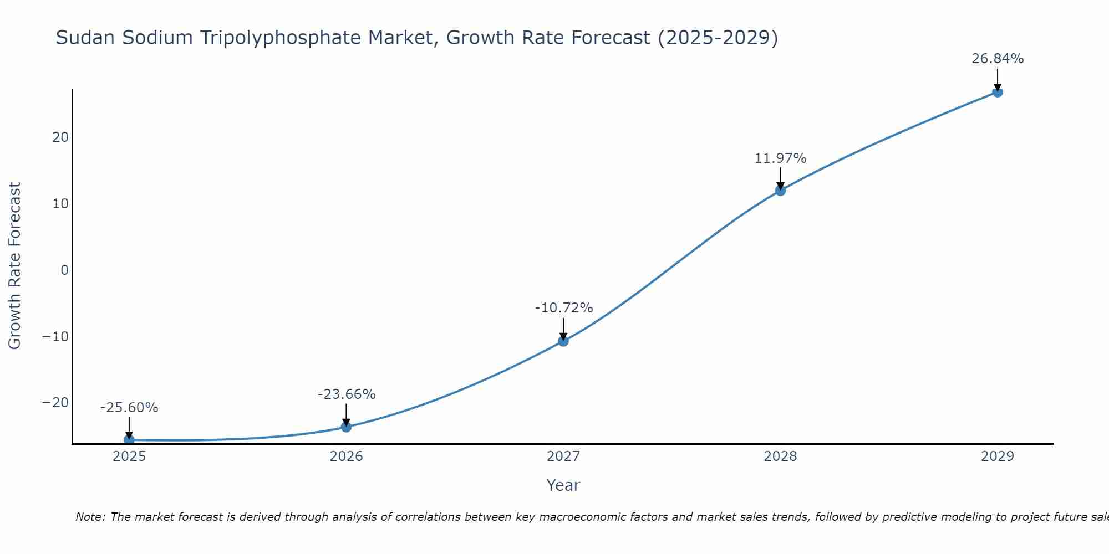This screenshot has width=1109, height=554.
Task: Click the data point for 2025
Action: click(x=129, y=440)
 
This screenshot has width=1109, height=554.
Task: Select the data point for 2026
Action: click(x=346, y=427)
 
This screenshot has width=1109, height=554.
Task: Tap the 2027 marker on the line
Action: click(x=563, y=341)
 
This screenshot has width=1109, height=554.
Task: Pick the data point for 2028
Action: click(x=780, y=191)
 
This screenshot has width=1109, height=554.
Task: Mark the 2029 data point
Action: click(x=998, y=92)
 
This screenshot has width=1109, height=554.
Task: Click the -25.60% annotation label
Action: click(x=129, y=408)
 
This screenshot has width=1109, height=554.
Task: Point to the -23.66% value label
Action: click(x=347, y=394)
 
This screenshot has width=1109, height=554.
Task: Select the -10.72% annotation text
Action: click(x=564, y=308)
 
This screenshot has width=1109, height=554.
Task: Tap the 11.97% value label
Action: click(x=780, y=158)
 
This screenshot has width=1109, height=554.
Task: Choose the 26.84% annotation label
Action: click(x=998, y=59)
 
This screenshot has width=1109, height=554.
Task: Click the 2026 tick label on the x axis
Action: click(x=346, y=456)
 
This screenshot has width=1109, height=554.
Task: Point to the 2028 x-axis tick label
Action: click(x=780, y=456)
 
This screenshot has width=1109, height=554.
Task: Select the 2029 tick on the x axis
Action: click(x=998, y=456)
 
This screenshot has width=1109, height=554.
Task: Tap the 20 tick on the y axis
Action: click(x=60, y=137)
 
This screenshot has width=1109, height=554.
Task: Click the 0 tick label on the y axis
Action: click(x=65, y=270)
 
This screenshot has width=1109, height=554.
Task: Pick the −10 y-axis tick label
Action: click(x=55, y=336)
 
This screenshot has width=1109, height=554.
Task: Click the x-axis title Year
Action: click(x=563, y=485)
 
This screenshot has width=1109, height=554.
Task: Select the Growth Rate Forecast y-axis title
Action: click(x=14, y=266)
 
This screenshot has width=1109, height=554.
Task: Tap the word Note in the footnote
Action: click(x=90, y=517)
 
